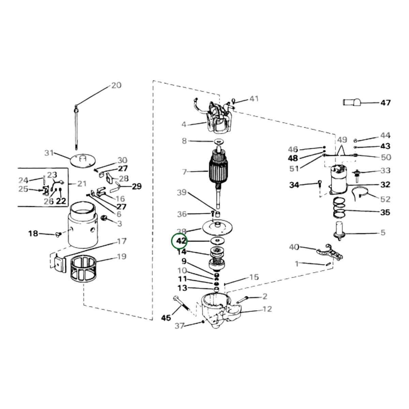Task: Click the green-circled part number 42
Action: point(181,241)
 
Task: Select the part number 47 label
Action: point(385,103)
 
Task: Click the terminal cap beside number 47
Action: point(352,102)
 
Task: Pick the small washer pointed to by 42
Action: point(217,241)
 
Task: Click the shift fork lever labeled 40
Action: point(329,253)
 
